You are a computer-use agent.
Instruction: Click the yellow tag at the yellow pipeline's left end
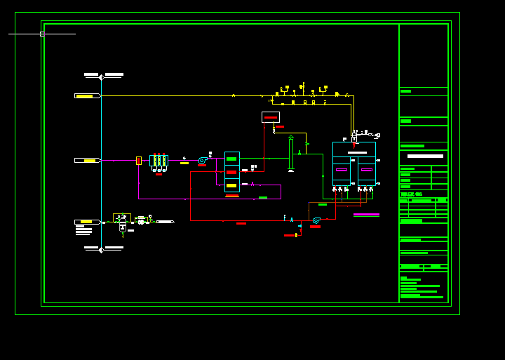[x=86, y=95]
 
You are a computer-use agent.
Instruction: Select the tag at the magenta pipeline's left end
[x=88, y=161]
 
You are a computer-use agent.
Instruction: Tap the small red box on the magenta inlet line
[x=139, y=161]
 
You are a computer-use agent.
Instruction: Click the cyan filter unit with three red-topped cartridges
[x=159, y=161]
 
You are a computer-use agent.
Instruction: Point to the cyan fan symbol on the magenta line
[x=202, y=161]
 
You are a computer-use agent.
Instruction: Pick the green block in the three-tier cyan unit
[x=231, y=159]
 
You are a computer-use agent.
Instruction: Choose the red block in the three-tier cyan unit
[x=231, y=172]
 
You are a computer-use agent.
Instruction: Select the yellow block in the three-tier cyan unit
[x=231, y=185]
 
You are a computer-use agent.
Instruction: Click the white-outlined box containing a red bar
[x=271, y=117]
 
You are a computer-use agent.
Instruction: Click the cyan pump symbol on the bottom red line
[x=316, y=220]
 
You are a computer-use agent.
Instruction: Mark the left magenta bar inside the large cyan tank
[x=342, y=169]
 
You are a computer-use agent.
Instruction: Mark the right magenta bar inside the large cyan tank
[x=366, y=169]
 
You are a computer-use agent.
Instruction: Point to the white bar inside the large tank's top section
[x=357, y=152]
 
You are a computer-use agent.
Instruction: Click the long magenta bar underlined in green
[x=366, y=215]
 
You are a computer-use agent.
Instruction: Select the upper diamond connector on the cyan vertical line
[x=101, y=77]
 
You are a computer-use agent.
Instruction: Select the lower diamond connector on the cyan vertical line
[x=101, y=249]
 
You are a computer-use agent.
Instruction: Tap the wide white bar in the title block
[x=425, y=156]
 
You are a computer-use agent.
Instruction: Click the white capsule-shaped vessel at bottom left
[x=123, y=227]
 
